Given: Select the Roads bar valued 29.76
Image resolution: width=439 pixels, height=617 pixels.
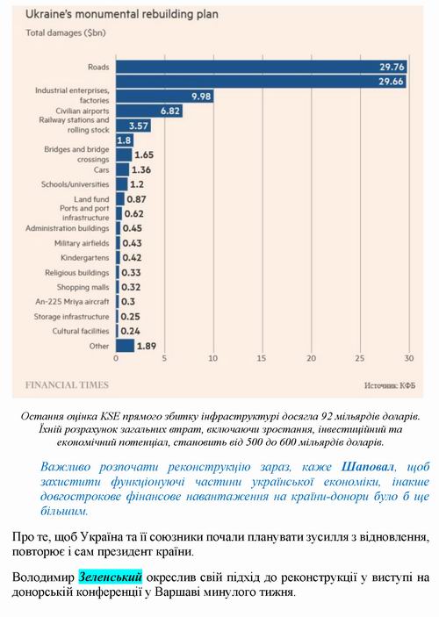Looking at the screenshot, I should point(263,66).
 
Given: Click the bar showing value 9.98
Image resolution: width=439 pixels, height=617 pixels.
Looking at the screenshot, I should point(167,96).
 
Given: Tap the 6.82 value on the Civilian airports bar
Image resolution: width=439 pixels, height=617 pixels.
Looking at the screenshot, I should point(169,111).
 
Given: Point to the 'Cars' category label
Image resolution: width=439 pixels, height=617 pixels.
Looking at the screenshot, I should point(101,169).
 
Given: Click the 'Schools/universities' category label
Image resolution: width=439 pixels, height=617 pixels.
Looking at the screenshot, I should point(76,184).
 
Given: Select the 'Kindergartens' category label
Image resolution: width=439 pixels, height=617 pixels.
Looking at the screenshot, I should point(86,257).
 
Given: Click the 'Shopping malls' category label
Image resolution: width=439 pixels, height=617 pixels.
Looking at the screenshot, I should point(83,286).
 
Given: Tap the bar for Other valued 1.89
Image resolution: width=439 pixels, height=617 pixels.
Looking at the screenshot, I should point(126,346).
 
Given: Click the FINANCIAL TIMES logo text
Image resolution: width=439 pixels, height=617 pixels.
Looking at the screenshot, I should point(68,384).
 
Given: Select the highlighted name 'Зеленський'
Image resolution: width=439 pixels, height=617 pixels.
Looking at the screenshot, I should point(110,578).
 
